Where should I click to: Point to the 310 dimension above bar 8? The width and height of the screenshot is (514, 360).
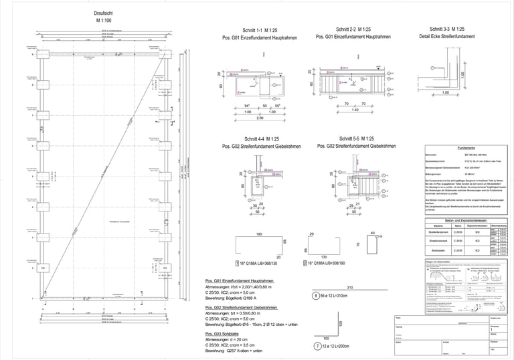click(349, 287)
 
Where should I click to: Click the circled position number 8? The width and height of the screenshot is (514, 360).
click(315, 294)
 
